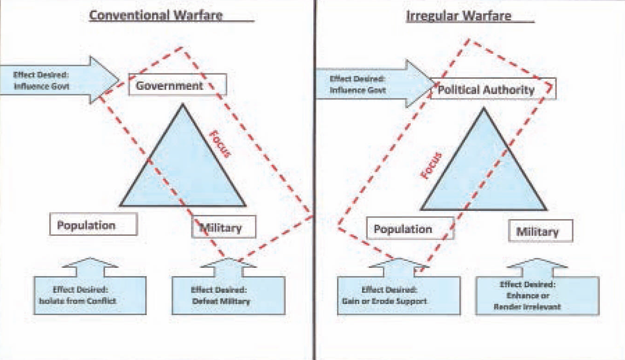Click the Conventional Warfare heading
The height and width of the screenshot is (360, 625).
pyautogui.click(x=156, y=15)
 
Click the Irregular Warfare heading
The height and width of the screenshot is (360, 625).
pyautogui.click(x=459, y=16)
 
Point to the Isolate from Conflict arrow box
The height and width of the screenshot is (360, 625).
pyautogui.click(x=90, y=295)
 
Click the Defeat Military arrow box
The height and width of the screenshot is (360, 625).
pyautogui.click(x=228, y=295)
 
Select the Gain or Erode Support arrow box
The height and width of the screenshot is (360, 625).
pyautogui.click(x=398, y=296)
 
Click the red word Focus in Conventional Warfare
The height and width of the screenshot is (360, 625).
pyautogui.click(x=218, y=143)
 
